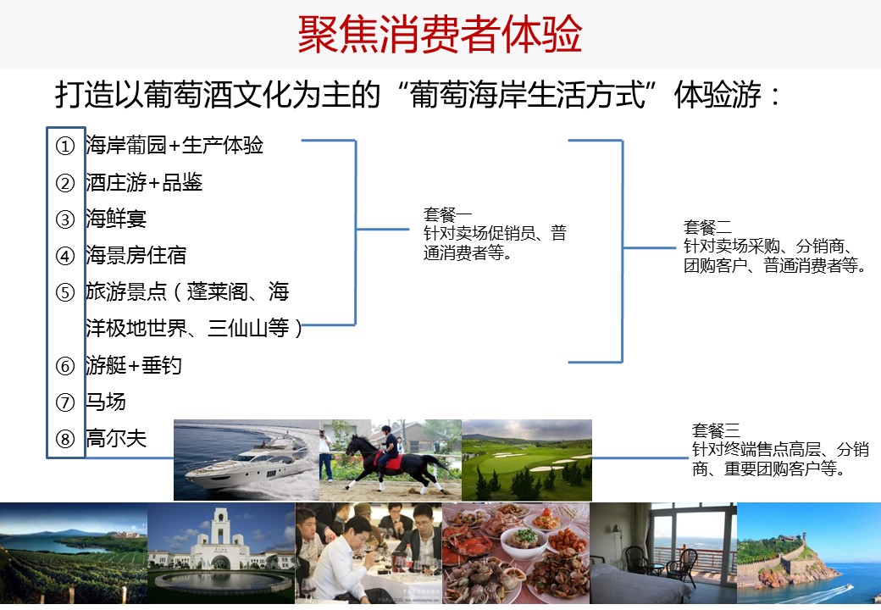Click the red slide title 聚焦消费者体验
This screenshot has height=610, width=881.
(440, 34)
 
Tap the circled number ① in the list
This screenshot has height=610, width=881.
(65, 146)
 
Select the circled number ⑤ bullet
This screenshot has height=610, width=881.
(65, 292)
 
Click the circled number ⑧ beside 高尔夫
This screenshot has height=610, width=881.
(65, 439)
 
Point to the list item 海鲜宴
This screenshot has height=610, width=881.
(116, 219)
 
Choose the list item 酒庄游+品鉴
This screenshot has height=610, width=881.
(144, 182)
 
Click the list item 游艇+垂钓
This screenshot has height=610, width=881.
(134, 365)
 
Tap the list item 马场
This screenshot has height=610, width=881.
(106, 402)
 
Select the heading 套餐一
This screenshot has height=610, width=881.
(447, 214)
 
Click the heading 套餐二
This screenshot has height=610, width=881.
(707, 227)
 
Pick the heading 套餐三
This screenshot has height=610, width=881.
(716, 430)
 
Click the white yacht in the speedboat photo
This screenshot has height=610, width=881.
(247, 464)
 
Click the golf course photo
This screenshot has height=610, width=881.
(526, 459)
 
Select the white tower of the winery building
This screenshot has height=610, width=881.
(220, 525)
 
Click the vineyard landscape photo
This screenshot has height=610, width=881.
(74, 553)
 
